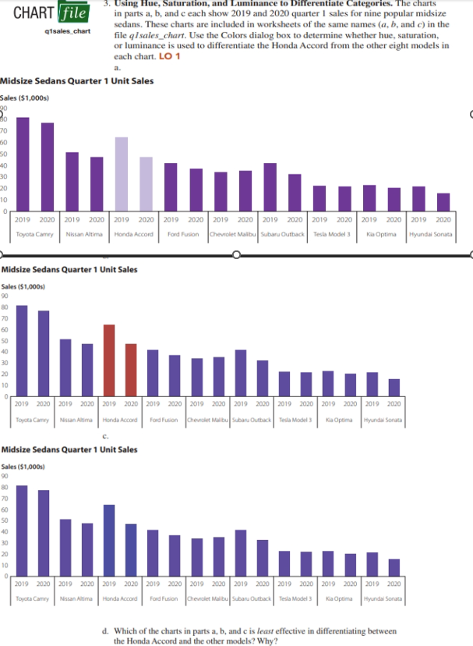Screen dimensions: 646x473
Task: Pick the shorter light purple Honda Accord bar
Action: click(146, 183)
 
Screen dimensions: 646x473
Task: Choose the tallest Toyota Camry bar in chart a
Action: click(23, 164)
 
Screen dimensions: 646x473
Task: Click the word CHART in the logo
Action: click(32, 14)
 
